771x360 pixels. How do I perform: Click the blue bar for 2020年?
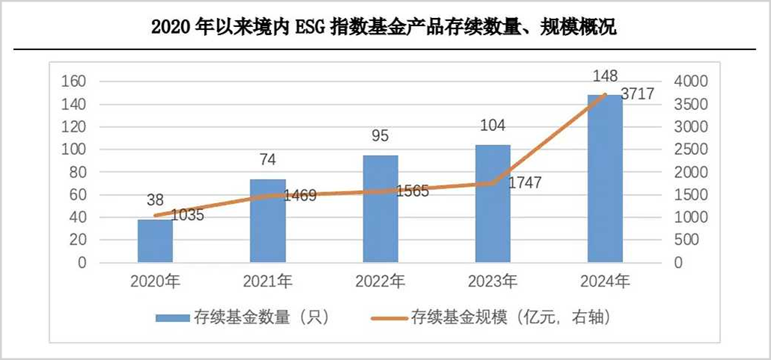(x=155, y=241)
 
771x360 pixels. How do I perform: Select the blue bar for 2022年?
(x=380, y=210)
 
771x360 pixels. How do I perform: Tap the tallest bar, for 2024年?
(x=605, y=180)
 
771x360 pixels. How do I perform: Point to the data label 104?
(x=492, y=126)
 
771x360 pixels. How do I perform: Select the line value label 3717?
(x=638, y=94)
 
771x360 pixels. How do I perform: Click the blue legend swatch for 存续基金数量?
(x=174, y=318)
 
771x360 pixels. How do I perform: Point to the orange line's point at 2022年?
(x=380, y=191)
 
